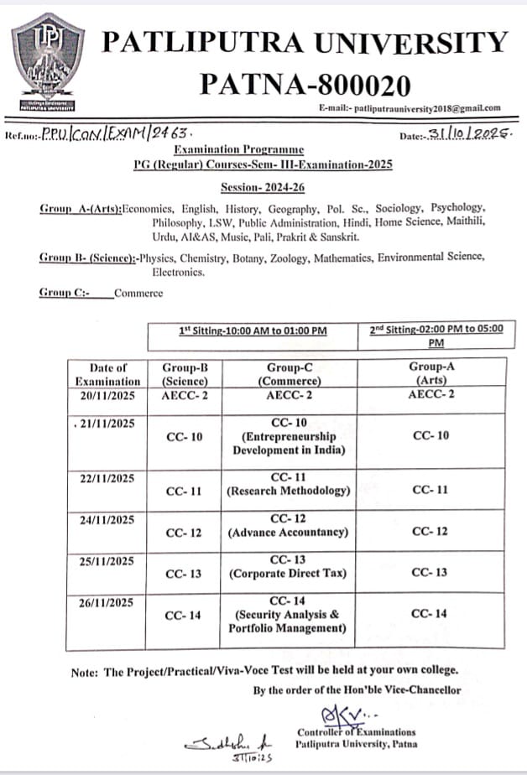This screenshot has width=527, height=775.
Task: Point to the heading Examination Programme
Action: pos(238,148)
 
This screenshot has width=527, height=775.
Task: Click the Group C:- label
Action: pos(64,293)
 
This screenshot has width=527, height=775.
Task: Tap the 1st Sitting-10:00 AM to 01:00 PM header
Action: pos(253,330)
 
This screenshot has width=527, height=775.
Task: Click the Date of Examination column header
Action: pos(108,374)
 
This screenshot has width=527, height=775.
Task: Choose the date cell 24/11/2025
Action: pos(105,520)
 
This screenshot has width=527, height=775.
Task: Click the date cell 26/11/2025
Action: pos(105,602)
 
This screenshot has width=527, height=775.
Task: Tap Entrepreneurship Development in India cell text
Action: pos(289,443)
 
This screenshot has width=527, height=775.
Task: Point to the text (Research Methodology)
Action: pos(288,491)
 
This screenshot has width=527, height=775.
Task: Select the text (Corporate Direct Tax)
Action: pos(288,574)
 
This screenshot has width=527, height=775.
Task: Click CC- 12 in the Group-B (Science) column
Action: pos(184,533)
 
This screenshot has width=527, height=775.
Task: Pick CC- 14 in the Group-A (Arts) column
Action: pos(429,614)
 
